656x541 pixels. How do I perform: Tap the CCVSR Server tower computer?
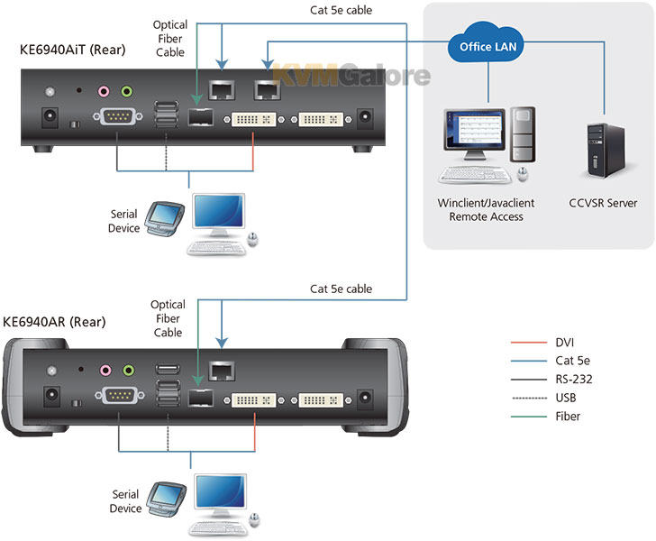click(606, 151)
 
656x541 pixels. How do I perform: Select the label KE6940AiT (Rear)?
click(72, 50)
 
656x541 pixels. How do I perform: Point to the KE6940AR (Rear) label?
click(54, 322)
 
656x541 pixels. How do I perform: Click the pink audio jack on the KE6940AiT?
click(104, 91)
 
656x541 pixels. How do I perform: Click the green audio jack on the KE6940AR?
click(129, 371)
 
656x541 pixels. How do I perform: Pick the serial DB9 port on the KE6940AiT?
click(117, 117)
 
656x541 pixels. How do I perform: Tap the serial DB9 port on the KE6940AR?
click(120, 395)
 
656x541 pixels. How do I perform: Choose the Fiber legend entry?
click(545, 417)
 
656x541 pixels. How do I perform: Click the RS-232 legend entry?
click(551, 380)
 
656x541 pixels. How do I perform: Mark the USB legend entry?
click(543, 398)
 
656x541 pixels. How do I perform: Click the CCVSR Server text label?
click(603, 203)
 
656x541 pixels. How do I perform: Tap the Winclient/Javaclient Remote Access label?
click(486, 210)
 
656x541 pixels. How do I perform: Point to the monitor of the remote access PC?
click(474, 133)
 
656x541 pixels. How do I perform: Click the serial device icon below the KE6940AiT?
click(165, 219)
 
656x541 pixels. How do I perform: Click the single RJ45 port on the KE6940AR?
click(222, 371)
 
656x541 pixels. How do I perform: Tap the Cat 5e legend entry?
click(551, 361)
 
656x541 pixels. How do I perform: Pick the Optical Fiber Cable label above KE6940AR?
click(168, 318)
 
